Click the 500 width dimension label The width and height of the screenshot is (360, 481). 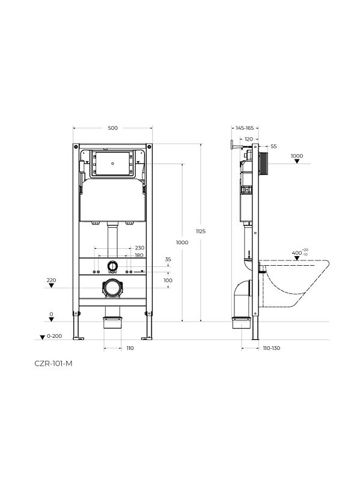pyautogui.click(x=112, y=128)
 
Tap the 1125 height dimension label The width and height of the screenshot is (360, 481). pyautogui.click(x=201, y=231)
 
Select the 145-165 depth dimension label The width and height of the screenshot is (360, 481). pyautogui.click(x=245, y=128)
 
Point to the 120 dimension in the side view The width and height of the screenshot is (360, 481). pyautogui.click(x=249, y=139)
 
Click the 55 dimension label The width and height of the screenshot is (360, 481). pyautogui.click(x=274, y=147)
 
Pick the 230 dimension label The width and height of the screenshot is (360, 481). pyautogui.click(x=139, y=248)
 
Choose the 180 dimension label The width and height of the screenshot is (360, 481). pyautogui.click(x=139, y=255)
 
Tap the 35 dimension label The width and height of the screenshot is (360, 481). pyautogui.click(x=168, y=260)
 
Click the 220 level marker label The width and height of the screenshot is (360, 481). pyautogui.click(x=51, y=280)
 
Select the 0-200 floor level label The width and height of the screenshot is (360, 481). pyautogui.click(x=54, y=336)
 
